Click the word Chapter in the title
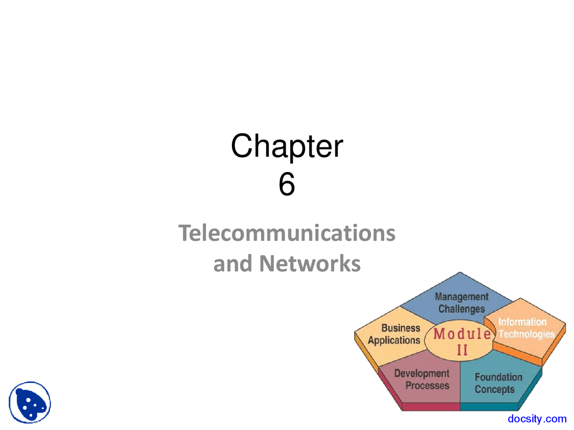[x=287, y=146]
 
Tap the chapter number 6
[x=287, y=184]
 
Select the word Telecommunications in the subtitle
[x=287, y=233]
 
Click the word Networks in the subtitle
[x=310, y=263]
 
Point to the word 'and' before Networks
[x=233, y=264]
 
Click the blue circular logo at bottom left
[x=30, y=402]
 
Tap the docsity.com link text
[x=537, y=419]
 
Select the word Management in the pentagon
[x=461, y=297]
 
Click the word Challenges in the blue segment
[x=461, y=309]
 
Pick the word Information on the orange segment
[x=522, y=322]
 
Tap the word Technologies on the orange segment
[x=526, y=334]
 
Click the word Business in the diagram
[x=400, y=328]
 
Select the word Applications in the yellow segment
[x=394, y=340]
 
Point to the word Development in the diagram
[x=422, y=374]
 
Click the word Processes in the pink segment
[x=427, y=386]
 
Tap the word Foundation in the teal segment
[x=498, y=377]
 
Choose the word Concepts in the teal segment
[x=495, y=389]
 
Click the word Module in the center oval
[x=462, y=334]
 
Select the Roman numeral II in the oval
[x=462, y=350]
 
